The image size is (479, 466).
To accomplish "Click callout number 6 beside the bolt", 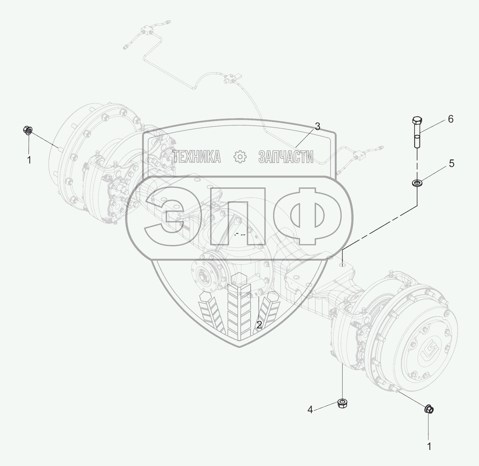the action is coord(450,119).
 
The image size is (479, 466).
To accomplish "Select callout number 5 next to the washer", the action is coord(451,164).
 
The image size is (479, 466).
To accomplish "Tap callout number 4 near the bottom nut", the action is coord(310,410).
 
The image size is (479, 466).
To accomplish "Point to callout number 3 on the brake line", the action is coord(317,127).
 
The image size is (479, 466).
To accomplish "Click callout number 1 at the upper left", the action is coord(29,160).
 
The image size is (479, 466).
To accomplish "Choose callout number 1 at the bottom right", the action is coord(429,447).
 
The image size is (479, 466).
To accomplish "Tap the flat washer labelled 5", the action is coord(417,183).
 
